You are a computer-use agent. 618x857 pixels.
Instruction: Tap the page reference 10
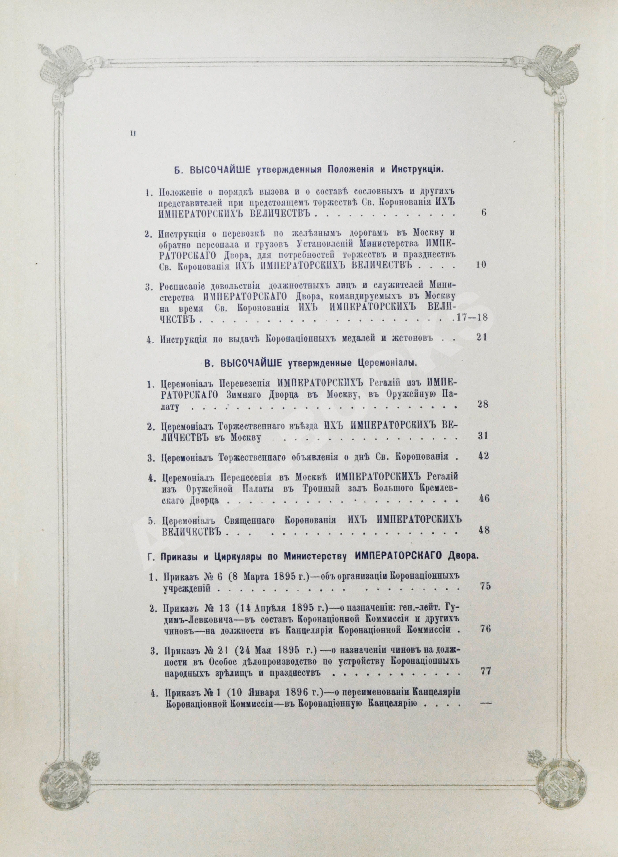point(481,264)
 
